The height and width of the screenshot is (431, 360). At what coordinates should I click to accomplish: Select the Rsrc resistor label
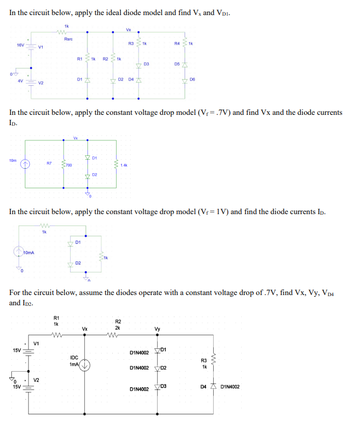coord(69,39)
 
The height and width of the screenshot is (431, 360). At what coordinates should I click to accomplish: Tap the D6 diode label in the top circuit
coord(193,79)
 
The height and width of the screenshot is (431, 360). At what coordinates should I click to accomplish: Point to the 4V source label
coord(20,81)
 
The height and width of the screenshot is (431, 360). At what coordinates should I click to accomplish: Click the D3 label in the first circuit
coord(146,64)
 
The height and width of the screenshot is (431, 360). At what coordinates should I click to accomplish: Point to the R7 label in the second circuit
coord(49,162)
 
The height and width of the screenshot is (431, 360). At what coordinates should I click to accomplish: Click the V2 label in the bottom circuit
coord(36,380)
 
